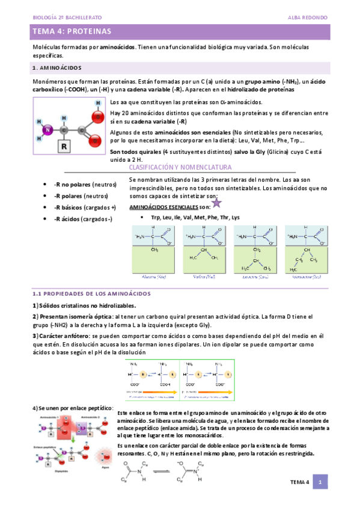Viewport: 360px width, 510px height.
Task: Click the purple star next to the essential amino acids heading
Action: [x=216, y=204]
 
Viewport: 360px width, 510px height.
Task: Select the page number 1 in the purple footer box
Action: [x=322, y=482]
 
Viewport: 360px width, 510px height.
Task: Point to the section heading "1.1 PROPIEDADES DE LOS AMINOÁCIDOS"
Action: [x=91, y=293]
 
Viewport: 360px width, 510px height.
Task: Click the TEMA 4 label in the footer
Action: [x=299, y=482]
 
